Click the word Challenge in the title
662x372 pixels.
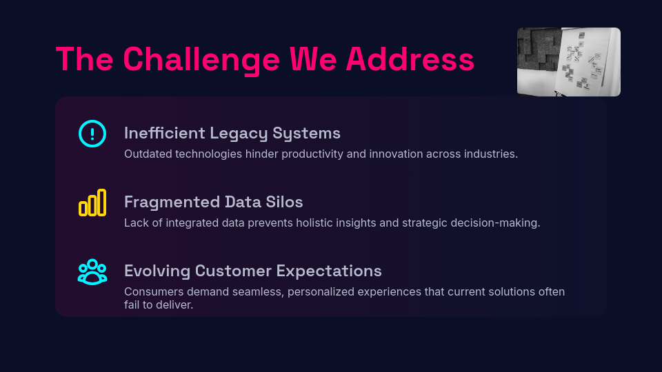pyautogui.click(x=201, y=59)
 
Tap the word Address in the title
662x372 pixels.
pyautogui.click(x=410, y=59)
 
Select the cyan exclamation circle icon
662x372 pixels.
pyautogui.click(x=92, y=134)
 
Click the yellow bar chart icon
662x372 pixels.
pyautogui.click(x=92, y=203)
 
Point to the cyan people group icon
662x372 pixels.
pyautogui.click(x=92, y=271)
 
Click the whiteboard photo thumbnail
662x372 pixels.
pyautogui.click(x=569, y=62)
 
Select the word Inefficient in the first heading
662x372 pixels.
pyautogui.click(x=165, y=133)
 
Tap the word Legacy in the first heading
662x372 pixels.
pyautogui.click(x=239, y=134)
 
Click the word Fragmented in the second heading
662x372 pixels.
pyautogui.click(x=172, y=203)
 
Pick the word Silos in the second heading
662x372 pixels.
pyautogui.click(x=284, y=202)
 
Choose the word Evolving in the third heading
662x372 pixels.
pyautogui.click(x=157, y=271)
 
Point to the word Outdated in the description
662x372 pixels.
pyautogui.click(x=148, y=154)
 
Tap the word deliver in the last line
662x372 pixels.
pyautogui.click(x=177, y=305)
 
